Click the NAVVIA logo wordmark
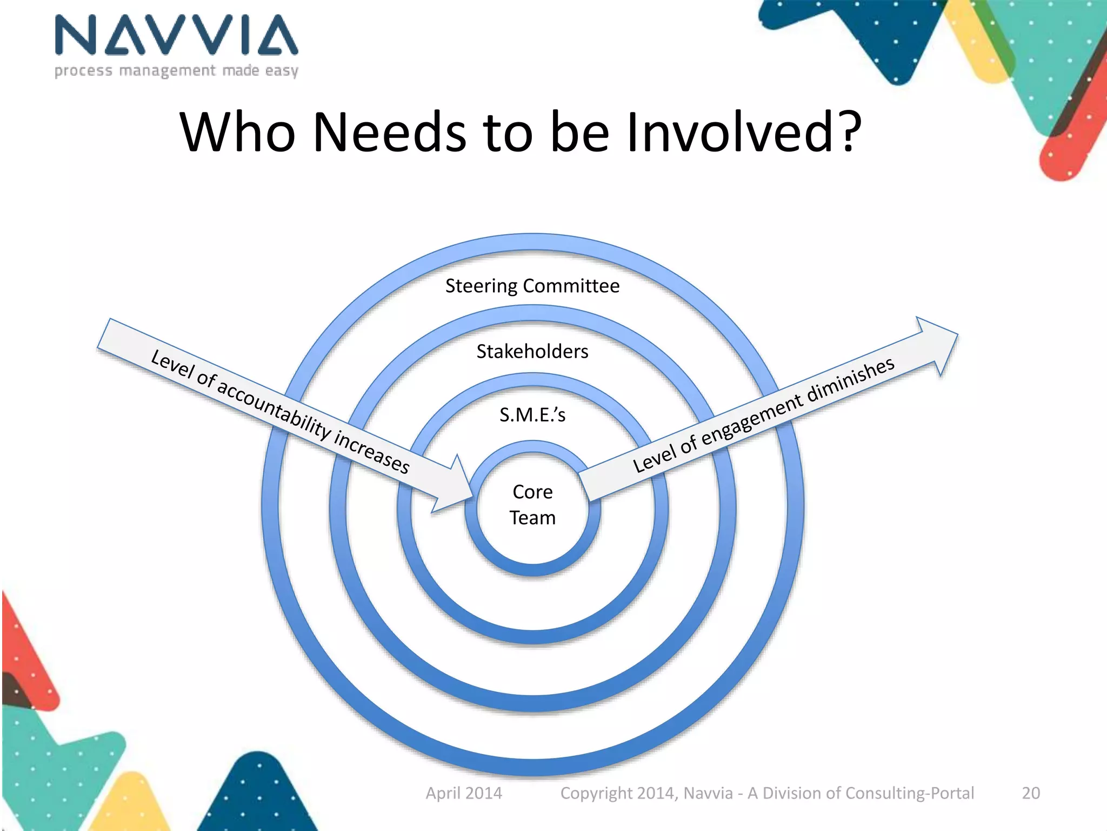pos(176,36)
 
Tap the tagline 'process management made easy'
pos(176,71)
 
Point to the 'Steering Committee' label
pos(532,286)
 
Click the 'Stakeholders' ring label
pos(532,352)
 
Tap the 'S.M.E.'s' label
pos(532,415)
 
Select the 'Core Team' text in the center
pos(532,504)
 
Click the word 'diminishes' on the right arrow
pos(851,381)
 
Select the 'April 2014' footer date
pos(464,793)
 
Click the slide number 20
pos(1031,793)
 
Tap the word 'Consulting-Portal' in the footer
pos(910,793)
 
